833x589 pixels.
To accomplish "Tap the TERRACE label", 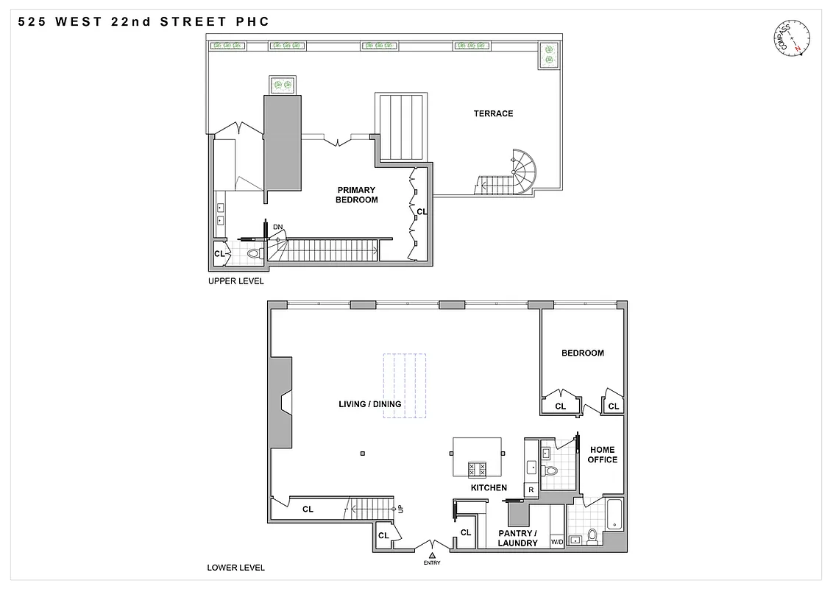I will tap(493, 113).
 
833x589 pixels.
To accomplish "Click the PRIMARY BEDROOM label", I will tap(356, 195).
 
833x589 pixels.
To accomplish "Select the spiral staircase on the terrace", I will tap(524, 168).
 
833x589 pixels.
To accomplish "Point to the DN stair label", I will tap(277, 227).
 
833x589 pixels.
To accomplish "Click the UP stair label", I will tap(400, 509).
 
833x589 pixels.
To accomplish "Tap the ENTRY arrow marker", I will tap(433, 555).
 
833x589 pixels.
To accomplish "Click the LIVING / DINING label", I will tap(369, 404).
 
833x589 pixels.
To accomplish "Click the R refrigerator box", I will tap(530, 489).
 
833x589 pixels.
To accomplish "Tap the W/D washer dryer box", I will tap(557, 543).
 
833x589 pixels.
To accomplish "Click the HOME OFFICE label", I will tap(602, 455).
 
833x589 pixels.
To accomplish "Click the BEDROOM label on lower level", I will tap(582, 353).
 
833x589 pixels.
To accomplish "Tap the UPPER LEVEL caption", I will tap(236, 281).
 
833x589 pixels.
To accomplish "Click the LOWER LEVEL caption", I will tap(235, 568).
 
